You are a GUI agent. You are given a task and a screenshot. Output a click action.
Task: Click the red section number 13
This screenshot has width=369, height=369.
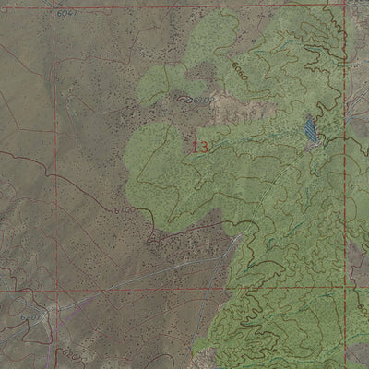pyautogui.click(x=201, y=147)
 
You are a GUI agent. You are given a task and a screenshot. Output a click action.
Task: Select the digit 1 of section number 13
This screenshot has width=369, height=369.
pyautogui.click(x=196, y=147)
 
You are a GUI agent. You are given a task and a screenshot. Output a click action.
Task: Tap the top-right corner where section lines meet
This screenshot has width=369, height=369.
pyautogui.click(x=347, y=5)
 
